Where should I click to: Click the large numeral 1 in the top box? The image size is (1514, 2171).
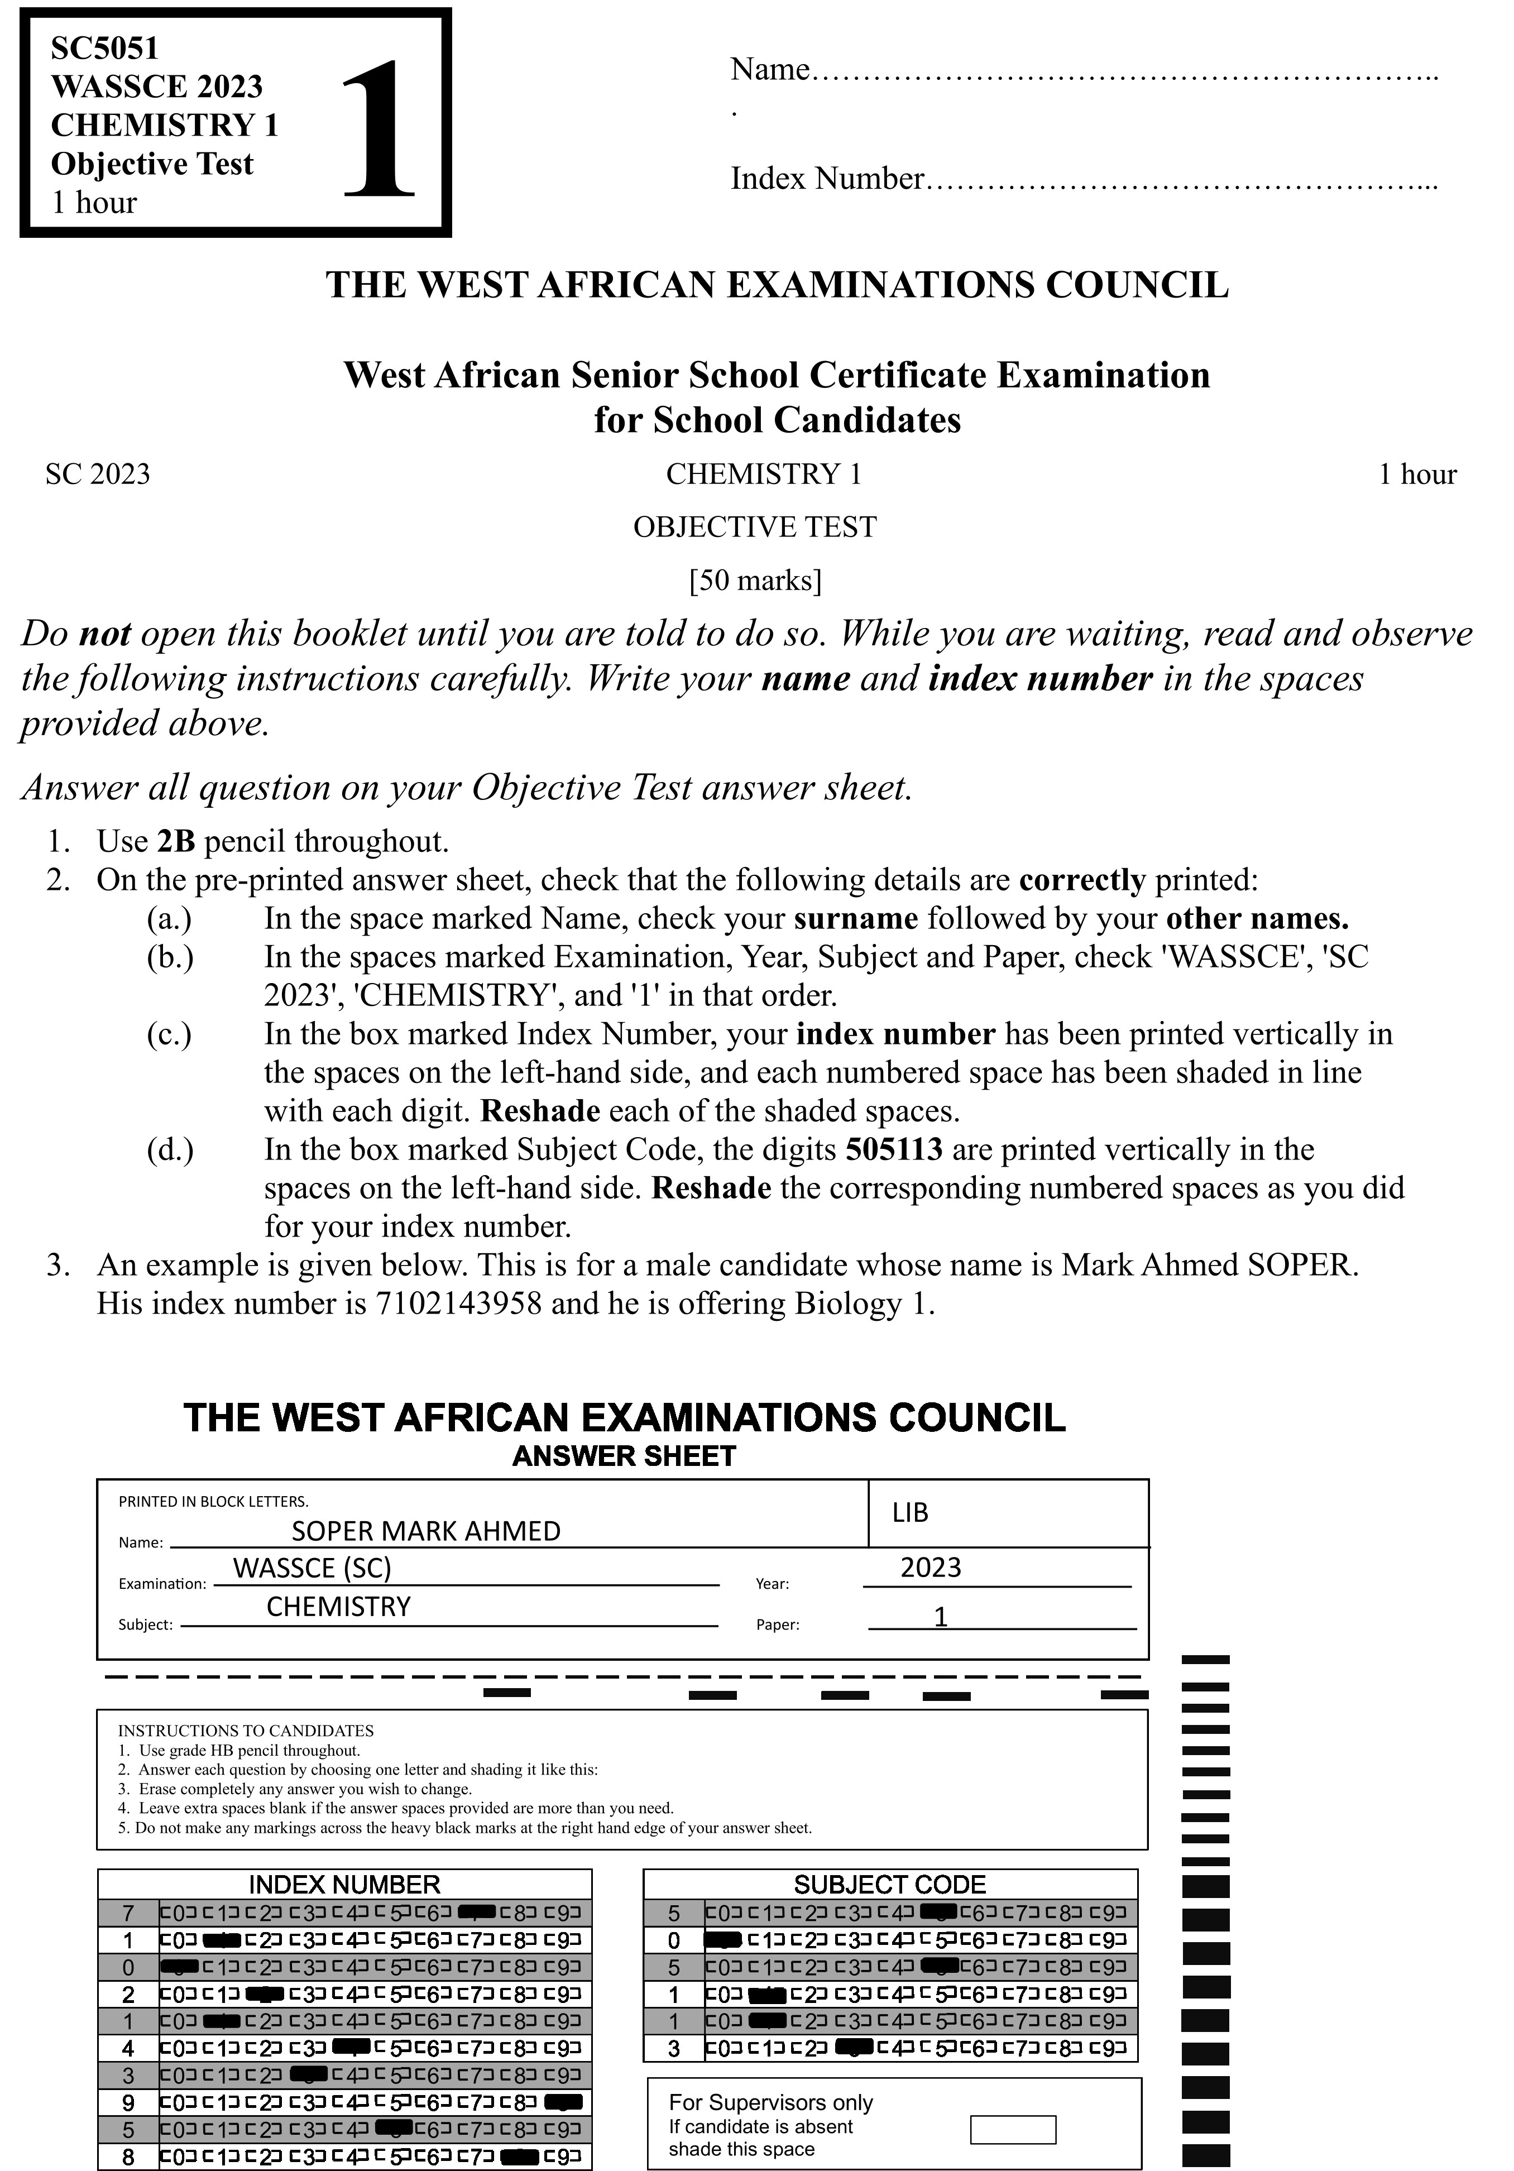point(378,128)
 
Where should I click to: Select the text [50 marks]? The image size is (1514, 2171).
point(755,579)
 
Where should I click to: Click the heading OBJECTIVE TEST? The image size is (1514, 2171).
point(755,526)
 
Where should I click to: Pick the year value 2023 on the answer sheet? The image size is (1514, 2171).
point(931,1567)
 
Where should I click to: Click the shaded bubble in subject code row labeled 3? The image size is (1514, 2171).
point(854,2049)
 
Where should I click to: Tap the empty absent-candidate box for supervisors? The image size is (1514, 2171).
point(1013,2129)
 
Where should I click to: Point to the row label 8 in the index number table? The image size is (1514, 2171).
point(128,2157)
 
